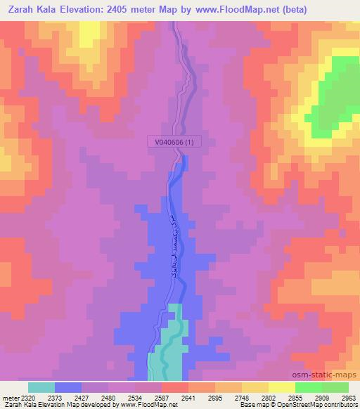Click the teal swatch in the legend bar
pyautogui.click(x=41, y=387)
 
